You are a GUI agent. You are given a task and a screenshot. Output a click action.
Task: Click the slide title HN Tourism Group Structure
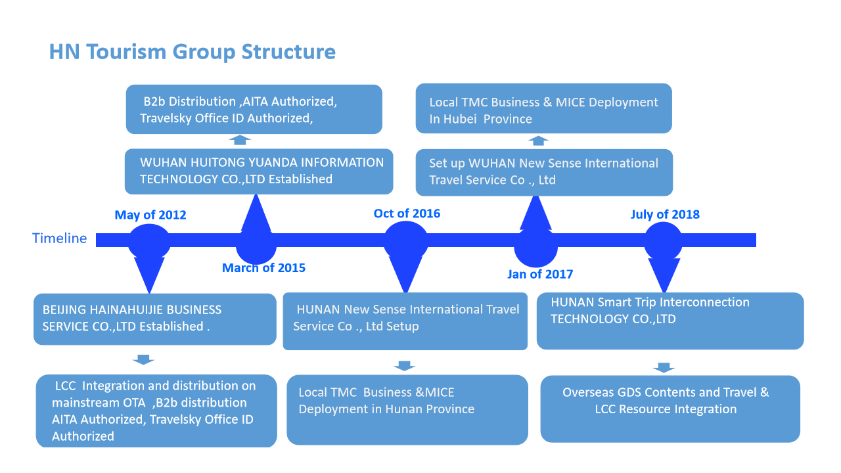pos(193,52)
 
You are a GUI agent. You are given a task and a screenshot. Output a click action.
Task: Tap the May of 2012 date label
pos(150,215)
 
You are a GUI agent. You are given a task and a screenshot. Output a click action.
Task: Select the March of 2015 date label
pos(263,267)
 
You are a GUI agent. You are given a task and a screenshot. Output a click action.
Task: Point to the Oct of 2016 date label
pos(407,214)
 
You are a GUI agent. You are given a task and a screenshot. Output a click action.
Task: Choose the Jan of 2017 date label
pos(540,274)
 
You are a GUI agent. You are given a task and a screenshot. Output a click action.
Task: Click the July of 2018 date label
pos(665,214)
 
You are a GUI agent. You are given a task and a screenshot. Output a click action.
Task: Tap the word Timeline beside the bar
pos(59,238)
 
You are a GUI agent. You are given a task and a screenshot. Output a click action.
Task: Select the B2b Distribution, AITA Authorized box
pos(254,109)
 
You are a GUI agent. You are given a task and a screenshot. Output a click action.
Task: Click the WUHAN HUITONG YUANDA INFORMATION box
pos(259,171)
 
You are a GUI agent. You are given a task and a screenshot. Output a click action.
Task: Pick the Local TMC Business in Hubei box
pos(543,108)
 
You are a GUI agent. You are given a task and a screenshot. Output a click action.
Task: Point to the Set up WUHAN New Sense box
pos(544,172)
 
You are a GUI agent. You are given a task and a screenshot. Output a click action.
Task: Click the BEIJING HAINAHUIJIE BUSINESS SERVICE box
pos(154,319)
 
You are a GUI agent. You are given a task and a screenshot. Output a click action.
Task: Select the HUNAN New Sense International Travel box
pos(405,321)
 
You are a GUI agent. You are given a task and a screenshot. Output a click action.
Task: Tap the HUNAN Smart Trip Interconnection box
pos(670,321)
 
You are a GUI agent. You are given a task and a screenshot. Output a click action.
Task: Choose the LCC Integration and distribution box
pos(156,411)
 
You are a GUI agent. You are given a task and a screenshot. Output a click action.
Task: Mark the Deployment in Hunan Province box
pos(407,410)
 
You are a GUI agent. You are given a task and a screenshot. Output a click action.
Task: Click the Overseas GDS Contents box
pos(670,409)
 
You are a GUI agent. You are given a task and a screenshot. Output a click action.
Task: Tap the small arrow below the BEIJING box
pos(143,359)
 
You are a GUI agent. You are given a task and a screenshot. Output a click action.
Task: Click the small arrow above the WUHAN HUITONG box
pos(240,140)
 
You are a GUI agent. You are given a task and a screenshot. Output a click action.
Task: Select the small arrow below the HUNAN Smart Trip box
pos(664,367)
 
